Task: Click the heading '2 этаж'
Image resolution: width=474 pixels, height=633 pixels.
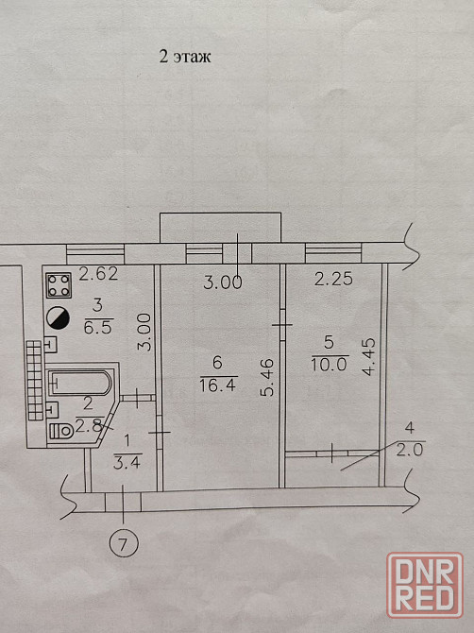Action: [185, 57]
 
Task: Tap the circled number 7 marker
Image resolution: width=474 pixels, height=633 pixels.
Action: [124, 543]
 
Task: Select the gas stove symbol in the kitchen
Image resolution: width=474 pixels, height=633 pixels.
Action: [59, 285]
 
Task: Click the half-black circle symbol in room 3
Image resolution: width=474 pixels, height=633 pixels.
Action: [59, 318]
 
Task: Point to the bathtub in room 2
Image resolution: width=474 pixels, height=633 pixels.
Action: [80, 383]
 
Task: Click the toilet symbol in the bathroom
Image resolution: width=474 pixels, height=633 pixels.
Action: [61, 431]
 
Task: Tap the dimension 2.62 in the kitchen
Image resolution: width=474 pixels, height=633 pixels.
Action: [98, 274]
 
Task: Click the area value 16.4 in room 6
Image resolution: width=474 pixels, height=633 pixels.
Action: [218, 385]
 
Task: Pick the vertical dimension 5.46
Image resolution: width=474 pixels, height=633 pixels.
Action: [267, 378]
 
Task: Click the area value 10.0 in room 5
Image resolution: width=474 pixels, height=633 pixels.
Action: [330, 365]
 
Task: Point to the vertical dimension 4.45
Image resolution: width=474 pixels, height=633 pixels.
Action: [368, 357]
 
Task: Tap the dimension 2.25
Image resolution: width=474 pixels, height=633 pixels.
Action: [333, 280]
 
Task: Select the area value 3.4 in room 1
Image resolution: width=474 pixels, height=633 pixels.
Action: [127, 463]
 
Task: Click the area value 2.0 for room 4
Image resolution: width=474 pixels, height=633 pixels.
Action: [410, 450]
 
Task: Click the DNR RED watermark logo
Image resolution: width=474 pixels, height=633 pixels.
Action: [425, 585]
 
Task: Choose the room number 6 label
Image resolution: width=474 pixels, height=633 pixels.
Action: [217, 363]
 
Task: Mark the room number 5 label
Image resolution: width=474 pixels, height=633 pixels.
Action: [330, 342]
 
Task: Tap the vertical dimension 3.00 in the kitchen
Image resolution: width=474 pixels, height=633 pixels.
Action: [144, 333]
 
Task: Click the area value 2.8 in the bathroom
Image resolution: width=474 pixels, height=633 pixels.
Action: [89, 426]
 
